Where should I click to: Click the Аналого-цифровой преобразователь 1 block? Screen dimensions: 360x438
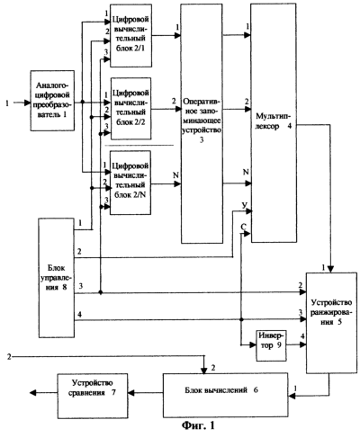coord(52,101)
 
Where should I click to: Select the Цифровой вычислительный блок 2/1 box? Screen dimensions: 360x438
coord(130,35)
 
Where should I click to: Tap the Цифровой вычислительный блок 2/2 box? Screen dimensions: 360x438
coord(131,109)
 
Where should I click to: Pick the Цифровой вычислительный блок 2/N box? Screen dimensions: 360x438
coord(130,183)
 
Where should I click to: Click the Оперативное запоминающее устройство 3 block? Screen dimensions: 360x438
coord(202,123)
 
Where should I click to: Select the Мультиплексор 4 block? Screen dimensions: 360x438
coord(274,122)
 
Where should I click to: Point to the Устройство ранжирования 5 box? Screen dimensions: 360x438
coord(331,323)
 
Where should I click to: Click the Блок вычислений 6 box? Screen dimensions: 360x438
coord(225,395)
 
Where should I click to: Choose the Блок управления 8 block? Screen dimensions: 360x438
coord(57,278)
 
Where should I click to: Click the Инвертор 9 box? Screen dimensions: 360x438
coord(271,345)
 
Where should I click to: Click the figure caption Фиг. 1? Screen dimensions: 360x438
coord(198,425)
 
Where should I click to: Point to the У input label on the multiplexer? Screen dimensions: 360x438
coord(245,205)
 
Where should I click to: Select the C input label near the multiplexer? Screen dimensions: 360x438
coord(244,227)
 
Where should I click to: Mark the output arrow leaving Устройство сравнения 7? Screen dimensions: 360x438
coord(43,392)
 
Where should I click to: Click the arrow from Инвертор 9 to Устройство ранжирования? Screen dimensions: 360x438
coord(296,344)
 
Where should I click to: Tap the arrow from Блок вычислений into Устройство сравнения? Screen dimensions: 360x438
coord(146,392)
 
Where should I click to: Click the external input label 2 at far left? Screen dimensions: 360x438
coord(9,357)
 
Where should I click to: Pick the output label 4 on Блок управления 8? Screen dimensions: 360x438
coord(79,315)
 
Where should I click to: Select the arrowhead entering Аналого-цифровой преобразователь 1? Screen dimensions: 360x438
coord(27,103)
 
